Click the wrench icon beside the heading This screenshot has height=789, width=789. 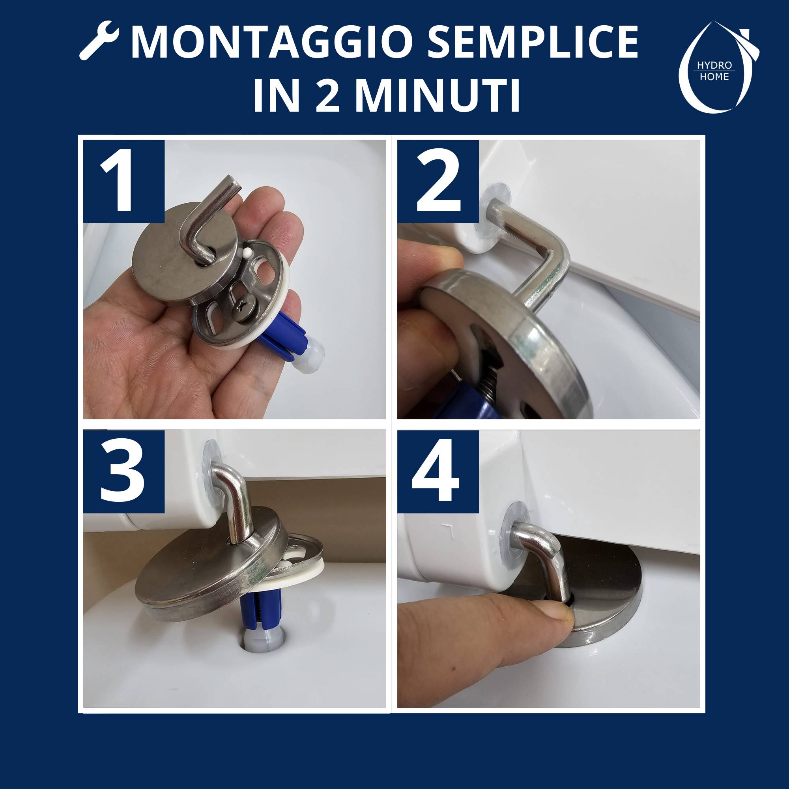point(99,44)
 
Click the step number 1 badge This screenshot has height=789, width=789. point(124,182)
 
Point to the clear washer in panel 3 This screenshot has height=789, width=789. point(212,464)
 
